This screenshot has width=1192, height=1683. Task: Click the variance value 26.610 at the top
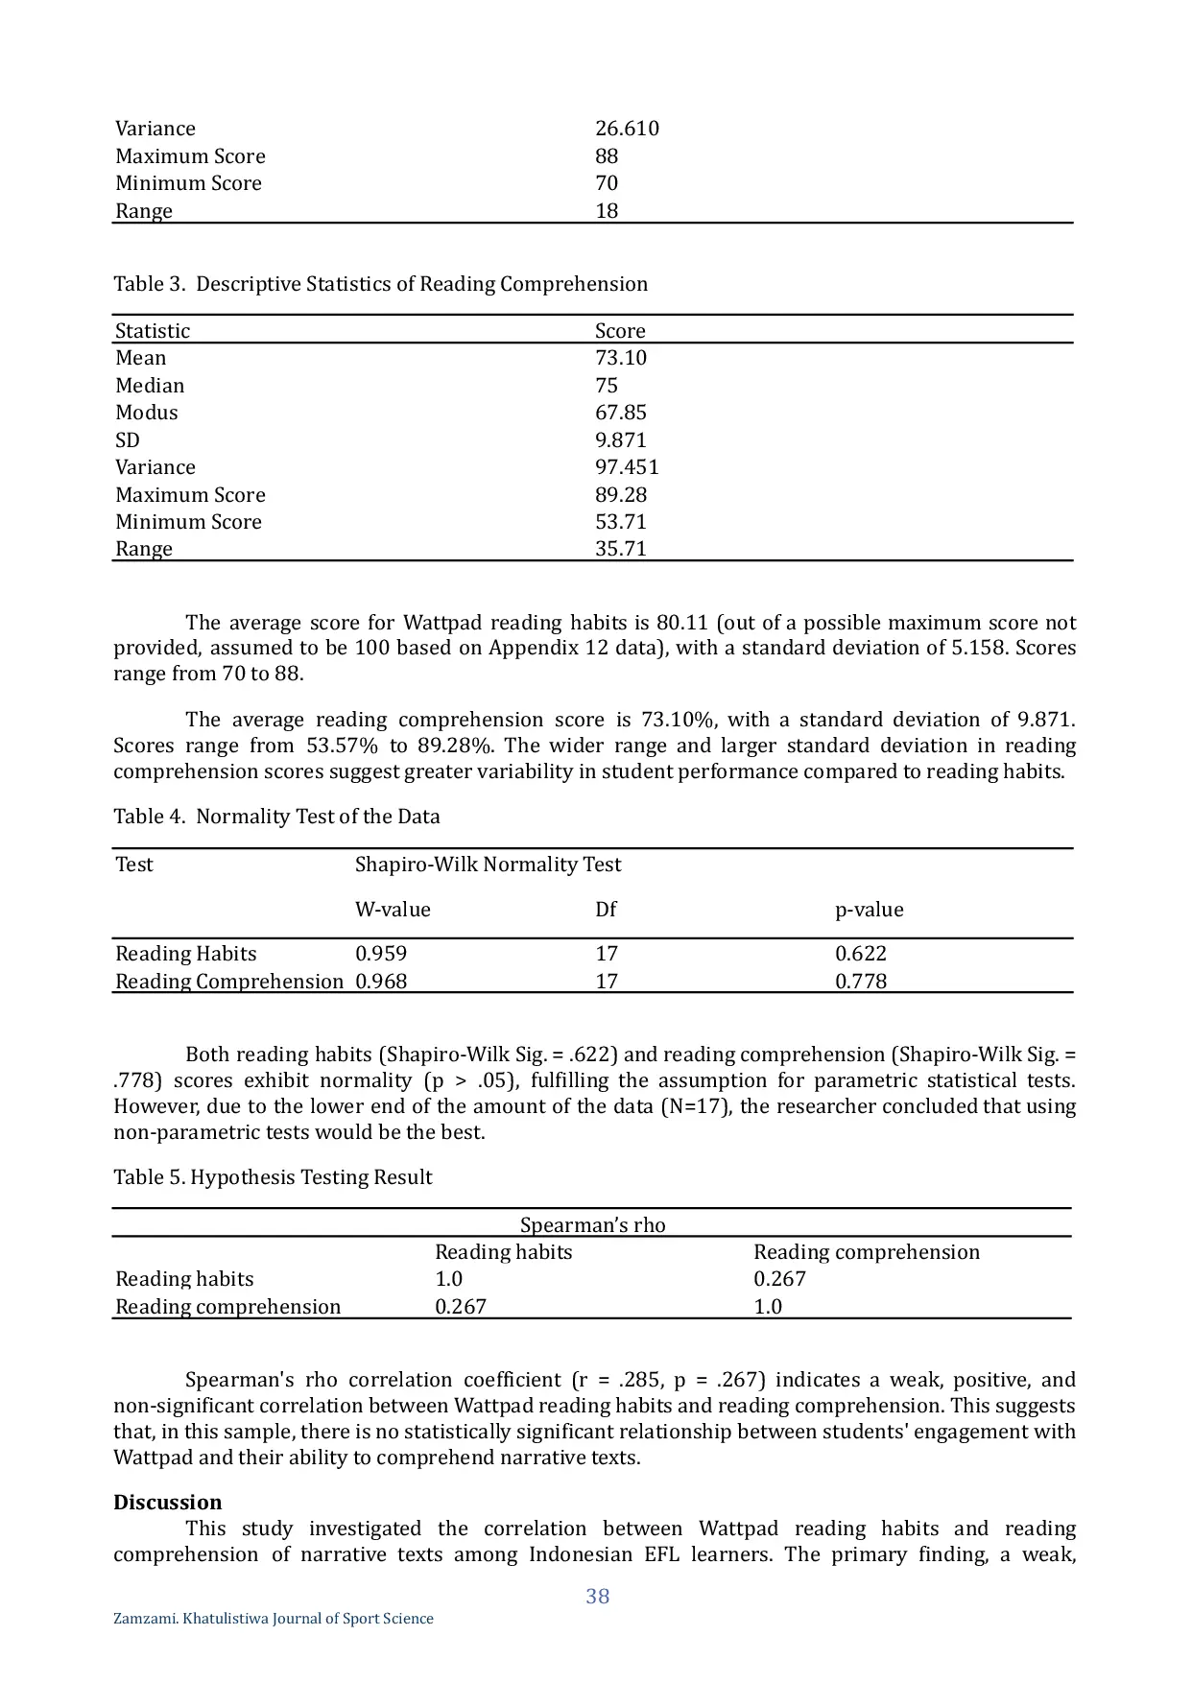[627, 129]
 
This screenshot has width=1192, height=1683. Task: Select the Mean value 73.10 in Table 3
[621, 358]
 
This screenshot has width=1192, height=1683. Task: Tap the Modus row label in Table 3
[147, 413]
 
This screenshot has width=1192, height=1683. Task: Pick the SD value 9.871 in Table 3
[621, 440]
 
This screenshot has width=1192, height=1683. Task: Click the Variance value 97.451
[627, 467]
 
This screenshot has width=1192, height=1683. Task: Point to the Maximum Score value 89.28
[621, 495]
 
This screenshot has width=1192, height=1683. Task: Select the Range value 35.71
[621, 549]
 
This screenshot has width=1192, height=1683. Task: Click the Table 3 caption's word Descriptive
[248, 284]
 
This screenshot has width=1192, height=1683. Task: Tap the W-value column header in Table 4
[393, 910]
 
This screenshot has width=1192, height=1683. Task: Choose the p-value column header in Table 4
[869, 910]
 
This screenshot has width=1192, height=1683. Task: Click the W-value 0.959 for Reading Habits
[381, 954]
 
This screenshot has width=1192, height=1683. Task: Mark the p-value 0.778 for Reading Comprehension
[861, 982]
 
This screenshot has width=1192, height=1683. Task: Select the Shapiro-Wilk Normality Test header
[488, 865]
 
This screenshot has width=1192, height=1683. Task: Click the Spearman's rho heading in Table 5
[592, 1225]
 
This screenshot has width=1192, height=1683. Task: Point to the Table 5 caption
[273, 1177]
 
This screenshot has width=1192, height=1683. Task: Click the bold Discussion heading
[167, 1503]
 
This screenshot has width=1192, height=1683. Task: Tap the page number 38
[598, 1597]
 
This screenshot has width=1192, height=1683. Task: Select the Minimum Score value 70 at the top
[607, 183]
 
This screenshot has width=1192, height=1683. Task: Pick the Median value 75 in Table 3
[607, 386]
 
